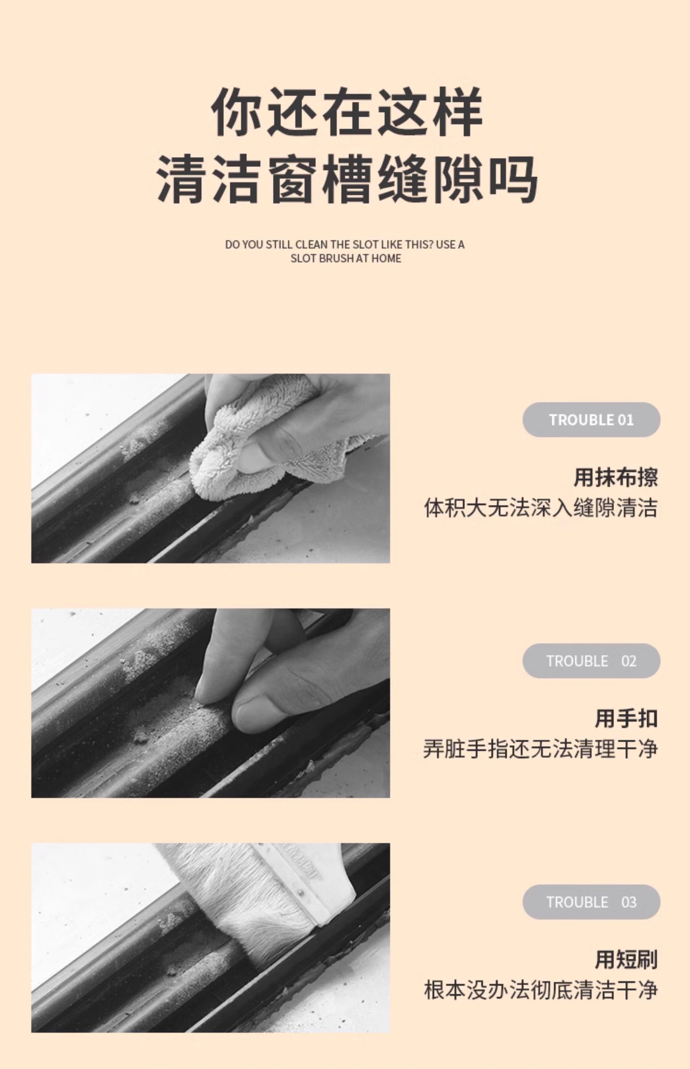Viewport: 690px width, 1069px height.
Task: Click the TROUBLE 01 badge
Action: (591, 420)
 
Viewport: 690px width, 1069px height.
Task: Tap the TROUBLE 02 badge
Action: (591, 661)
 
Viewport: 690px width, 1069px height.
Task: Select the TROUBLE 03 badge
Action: (591, 902)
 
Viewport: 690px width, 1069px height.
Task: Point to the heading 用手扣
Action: (626, 719)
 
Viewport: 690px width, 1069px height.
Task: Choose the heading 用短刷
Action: (626, 960)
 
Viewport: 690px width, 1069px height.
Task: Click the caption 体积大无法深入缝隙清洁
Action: (541, 508)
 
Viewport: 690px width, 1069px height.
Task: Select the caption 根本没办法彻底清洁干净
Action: (541, 990)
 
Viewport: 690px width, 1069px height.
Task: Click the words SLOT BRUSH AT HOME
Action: (346, 258)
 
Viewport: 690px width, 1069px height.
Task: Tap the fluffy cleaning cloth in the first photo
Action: (264, 444)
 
